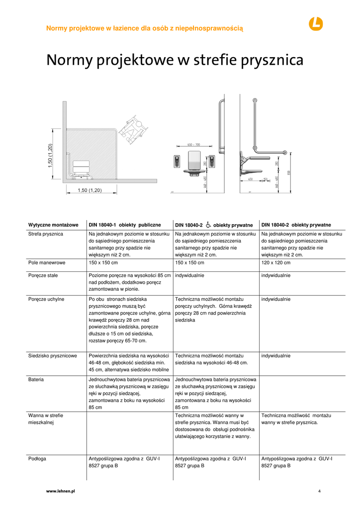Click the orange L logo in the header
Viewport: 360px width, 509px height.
point(315,23)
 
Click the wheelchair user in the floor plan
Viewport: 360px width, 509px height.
point(133,129)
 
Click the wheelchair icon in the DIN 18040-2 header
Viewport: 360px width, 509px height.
point(208,225)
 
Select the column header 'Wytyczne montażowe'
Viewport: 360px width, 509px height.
point(53,225)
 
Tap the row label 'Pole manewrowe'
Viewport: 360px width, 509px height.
point(47,262)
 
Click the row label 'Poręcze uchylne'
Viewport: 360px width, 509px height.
point(46,299)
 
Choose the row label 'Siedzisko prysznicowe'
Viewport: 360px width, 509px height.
point(53,356)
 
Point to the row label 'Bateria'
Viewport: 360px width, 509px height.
point(36,380)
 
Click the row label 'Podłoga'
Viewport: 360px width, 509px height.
point(37,459)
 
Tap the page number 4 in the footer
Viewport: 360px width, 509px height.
point(319,492)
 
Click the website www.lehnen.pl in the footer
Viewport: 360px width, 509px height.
point(60,491)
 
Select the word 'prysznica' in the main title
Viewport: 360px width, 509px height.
point(272,61)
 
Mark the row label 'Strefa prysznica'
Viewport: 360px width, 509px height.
point(46,234)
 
